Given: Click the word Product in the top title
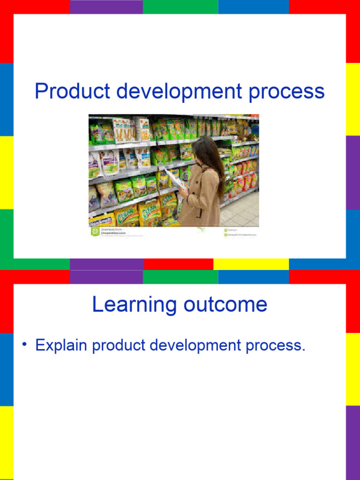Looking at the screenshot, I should coord(72,91).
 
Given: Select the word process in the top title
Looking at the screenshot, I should coord(286,92).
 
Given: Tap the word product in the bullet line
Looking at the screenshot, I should coord(118,346).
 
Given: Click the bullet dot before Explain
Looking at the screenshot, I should coord(23,345).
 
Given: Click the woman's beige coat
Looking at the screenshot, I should coord(202,199).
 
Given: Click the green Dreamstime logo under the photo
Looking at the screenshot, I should coord(94,231).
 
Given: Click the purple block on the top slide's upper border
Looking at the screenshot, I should coord(106,7).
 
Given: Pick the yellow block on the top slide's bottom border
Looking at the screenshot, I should coord(251,264).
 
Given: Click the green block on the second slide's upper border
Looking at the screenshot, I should coord(180,277).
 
